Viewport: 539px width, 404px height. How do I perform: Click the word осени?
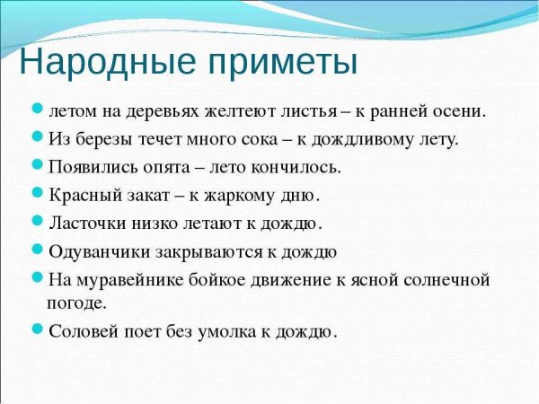pos(459,112)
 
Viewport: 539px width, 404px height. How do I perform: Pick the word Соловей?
pos(80,330)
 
